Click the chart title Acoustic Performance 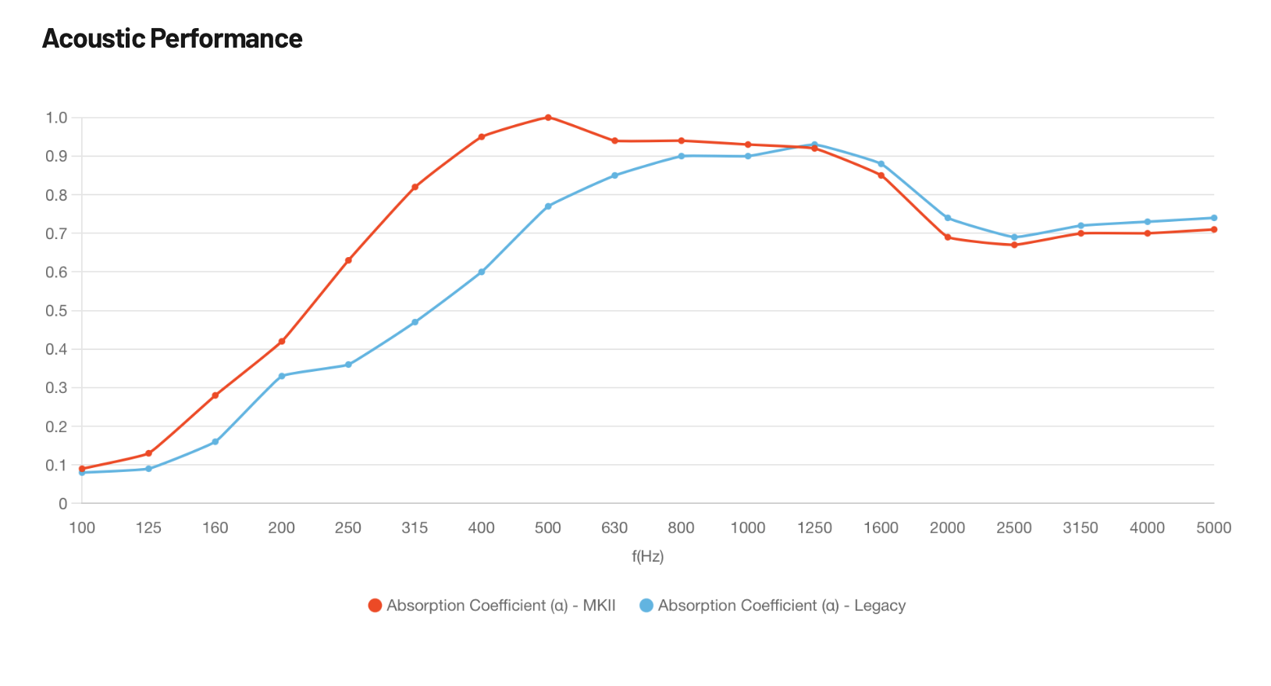(172, 38)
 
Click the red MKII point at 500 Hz (548, 117)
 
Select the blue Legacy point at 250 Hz (348, 365)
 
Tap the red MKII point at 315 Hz (415, 187)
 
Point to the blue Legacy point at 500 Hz (548, 206)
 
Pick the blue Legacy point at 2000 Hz (948, 218)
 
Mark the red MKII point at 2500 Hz (1014, 245)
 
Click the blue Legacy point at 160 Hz (215, 442)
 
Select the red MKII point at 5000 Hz (1214, 230)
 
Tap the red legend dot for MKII (375, 606)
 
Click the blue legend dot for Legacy (646, 606)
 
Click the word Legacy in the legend (880, 606)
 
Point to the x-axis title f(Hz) (648, 556)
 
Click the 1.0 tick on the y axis (57, 118)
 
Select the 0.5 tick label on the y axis (57, 311)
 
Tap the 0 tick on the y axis (63, 504)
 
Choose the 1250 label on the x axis (814, 528)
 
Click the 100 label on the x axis (82, 528)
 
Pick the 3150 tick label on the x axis (1081, 528)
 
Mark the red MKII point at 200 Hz (282, 341)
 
